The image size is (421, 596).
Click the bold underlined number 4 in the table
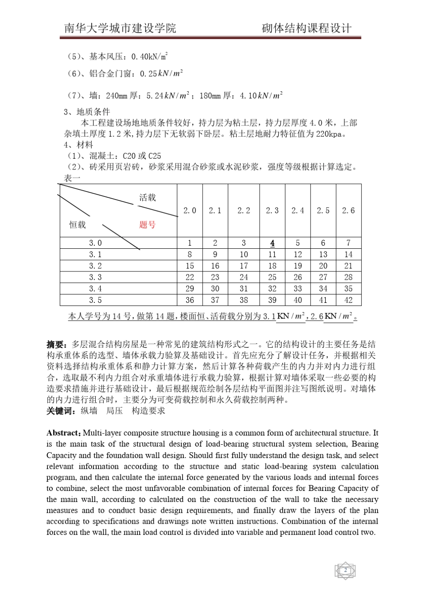272,243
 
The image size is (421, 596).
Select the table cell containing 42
348,300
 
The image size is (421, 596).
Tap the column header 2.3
272,211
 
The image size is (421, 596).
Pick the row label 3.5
95,300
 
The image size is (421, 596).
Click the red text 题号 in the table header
148,225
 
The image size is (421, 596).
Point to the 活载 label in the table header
148,198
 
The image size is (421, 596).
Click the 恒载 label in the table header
77,225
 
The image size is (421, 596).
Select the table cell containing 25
272,277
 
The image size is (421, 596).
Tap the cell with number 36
190,300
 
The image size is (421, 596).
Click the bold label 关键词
61,411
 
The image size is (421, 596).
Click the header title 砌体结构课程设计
307,28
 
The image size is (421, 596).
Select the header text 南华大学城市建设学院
120,28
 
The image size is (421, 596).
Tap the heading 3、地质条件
87,112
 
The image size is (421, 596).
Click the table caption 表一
72,178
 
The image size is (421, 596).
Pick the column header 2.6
348,211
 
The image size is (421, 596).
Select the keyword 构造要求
148,411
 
